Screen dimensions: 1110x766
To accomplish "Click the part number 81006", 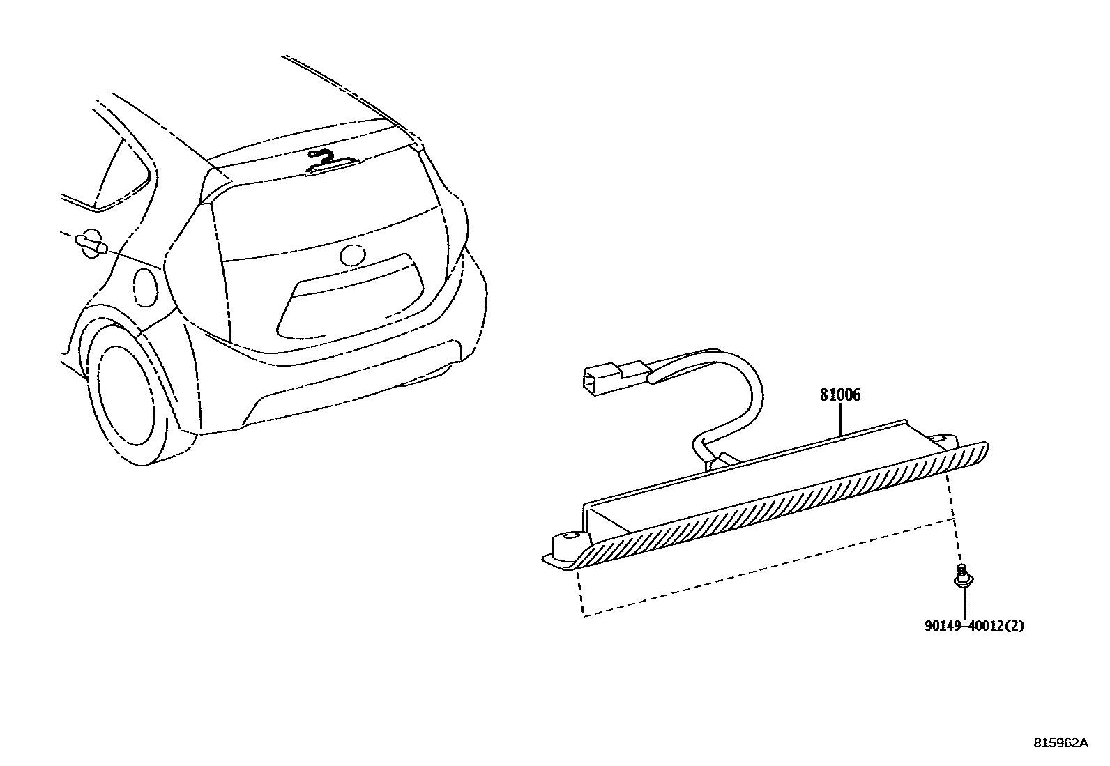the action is click(839, 395).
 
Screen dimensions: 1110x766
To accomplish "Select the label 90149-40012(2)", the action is click(974, 626).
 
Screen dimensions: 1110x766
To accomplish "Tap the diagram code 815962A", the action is click(1060, 742).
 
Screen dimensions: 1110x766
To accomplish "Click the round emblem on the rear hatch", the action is click(353, 255).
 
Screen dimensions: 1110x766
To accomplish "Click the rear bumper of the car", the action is click(349, 390).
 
